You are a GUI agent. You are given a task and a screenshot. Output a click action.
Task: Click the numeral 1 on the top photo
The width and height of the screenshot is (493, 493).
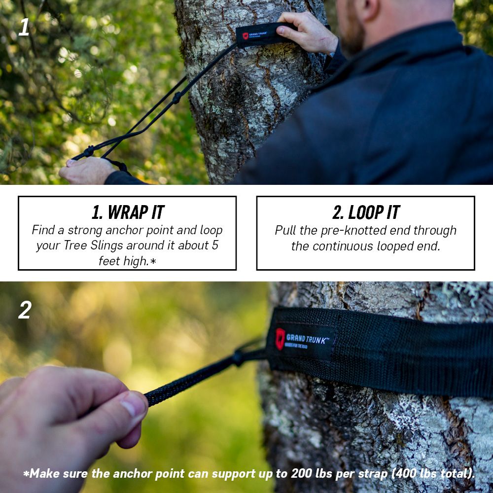24,28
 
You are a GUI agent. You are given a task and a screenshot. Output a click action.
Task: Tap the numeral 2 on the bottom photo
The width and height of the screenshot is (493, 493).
25,310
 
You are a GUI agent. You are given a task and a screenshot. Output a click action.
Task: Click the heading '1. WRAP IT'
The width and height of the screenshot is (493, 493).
127,212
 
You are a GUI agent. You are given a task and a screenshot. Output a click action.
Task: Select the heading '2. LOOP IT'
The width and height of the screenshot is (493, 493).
365,212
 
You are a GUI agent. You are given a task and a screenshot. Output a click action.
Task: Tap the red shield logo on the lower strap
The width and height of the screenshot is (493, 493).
280,339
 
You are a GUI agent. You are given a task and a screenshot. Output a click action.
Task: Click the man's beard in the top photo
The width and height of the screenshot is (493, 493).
351,37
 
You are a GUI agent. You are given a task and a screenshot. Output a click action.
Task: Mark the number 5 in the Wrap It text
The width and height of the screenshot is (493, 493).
214,246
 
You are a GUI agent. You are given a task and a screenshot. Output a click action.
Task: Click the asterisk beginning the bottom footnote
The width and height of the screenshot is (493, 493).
26,474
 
